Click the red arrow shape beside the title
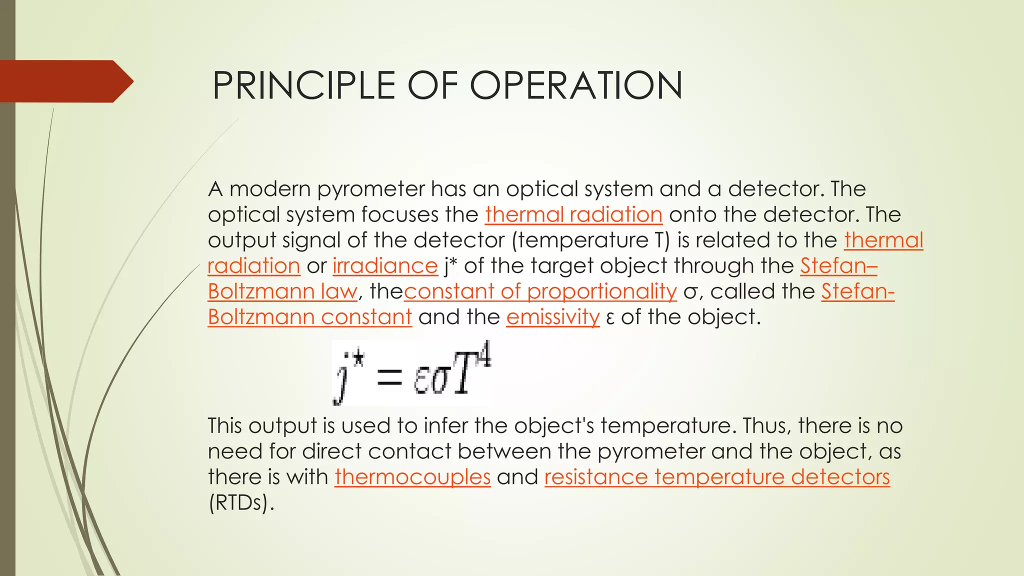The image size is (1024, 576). coord(65,81)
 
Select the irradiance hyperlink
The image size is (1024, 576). coord(385,265)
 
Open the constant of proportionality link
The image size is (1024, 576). coord(540,291)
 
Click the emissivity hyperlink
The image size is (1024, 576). coord(552,317)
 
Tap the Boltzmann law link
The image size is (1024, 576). coord(282,291)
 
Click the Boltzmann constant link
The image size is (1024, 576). coord(309,317)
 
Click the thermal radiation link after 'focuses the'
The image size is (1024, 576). coord(573,214)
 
